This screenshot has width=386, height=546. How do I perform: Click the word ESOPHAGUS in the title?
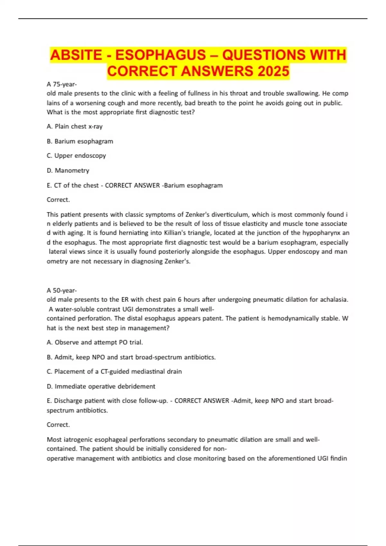coord(160,55)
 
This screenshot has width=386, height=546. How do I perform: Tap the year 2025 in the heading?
coord(273,71)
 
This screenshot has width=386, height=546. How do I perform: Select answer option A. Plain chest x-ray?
coord(75,127)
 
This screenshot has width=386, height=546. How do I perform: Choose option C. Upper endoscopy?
coord(76,156)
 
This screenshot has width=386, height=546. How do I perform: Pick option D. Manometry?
coord(68,171)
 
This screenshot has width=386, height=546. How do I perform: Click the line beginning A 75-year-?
coord(62,84)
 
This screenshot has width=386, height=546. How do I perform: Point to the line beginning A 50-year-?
coord(62,291)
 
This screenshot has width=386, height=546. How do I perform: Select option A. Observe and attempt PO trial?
coord(95,342)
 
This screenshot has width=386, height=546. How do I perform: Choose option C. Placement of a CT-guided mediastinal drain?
coord(114,372)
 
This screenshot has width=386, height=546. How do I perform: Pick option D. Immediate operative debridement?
coord(101,386)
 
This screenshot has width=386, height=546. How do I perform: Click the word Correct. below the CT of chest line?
coord(58,200)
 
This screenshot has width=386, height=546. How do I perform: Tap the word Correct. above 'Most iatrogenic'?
coord(58,425)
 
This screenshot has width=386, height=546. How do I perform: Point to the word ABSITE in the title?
coord(76,55)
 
